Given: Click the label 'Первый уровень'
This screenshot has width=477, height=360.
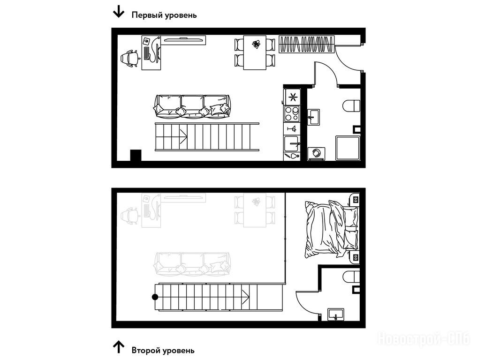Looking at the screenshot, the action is pyautogui.click(x=164, y=15).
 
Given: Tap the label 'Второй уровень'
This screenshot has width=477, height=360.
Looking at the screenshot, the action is pyautogui.click(x=163, y=350).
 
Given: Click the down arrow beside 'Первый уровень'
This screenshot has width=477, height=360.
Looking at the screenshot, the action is pyautogui.click(x=119, y=12).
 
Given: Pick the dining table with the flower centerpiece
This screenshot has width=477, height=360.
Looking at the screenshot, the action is pyautogui.click(x=255, y=52).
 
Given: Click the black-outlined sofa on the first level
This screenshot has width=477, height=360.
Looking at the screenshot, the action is pyautogui.click(x=192, y=106).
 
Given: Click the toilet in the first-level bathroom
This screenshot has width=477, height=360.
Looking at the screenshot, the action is pyautogui.click(x=351, y=106).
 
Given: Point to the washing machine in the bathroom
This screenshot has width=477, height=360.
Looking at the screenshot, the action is pyautogui.click(x=317, y=154).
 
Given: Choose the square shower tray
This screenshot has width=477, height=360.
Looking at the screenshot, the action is pyautogui.click(x=348, y=148).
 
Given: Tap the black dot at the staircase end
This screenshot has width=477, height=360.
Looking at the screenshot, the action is pyautogui.click(x=155, y=297).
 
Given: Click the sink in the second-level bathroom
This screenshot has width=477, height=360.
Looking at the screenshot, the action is pyautogui.click(x=336, y=315).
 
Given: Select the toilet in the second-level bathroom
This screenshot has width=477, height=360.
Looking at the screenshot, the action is pyautogui.click(x=351, y=277).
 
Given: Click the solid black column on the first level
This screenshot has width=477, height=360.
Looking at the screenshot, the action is pyautogui.click(x=136, y=155).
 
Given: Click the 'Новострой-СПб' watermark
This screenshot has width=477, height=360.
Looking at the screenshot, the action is pyautogui.click(x=424, y=338).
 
